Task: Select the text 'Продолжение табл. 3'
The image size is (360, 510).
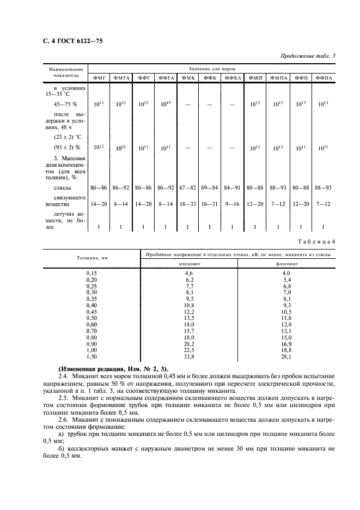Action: coord(308,56)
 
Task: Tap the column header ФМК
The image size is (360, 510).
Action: coord(188,78)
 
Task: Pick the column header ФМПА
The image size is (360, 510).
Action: coord(278,78)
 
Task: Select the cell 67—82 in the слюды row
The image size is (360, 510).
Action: coord(188,187)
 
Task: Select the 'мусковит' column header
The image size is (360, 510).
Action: coord(189,264)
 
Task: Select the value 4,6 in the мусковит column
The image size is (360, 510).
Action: coord(189,272)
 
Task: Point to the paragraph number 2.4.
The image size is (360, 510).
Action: coord(63,377)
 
